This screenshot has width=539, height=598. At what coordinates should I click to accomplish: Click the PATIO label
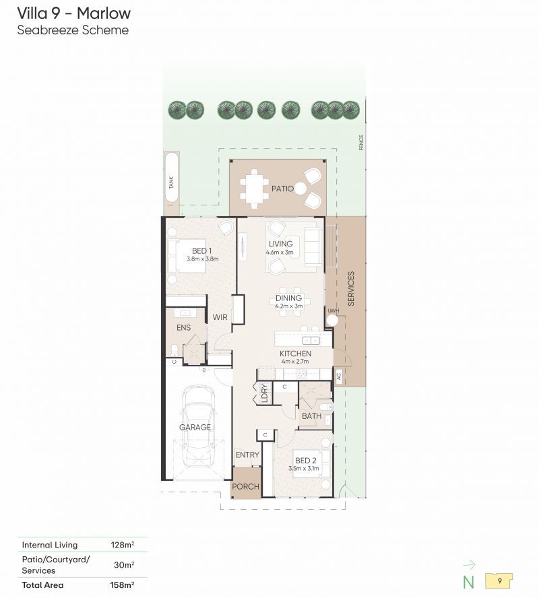pyautogui.click(x=282, y=189)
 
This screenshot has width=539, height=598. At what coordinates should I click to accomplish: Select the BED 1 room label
pyautogui.click(x=202, y=251)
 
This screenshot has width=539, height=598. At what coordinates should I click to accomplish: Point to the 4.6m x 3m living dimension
pyautogui.click(x=280, y=252)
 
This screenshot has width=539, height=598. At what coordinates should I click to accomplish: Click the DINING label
pyautogui.click(x=289, y=298)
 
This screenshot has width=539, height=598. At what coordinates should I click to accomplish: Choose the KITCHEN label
pyautogui.click(x=295, y=354)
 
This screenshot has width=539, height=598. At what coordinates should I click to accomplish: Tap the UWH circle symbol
pyautogui.click(x=333, y=321)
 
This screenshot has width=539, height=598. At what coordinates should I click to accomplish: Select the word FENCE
pyautogui.click(x=361, y=143)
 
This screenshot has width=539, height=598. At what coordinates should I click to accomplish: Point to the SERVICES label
pyautogui.click(x=351, y=288)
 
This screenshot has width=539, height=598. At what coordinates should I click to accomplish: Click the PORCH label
pyautogui.click(x=246, y=487)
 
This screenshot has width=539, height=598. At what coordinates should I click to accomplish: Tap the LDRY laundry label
pyautogui.click(x=264, y=393)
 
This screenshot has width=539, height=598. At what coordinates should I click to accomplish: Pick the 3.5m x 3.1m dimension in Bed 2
pyautogui.click(x=304, y=468)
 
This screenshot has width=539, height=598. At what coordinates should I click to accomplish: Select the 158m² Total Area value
pyautogui.click(x=122, y=585)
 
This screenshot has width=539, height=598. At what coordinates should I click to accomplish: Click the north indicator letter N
pyautogui.click(x=468, y=582)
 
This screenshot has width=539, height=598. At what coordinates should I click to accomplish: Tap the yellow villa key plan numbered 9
pyautogui.click(x=499, y=581)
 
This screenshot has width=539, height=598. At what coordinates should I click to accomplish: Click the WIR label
pyautogui.click(x=220, y=317)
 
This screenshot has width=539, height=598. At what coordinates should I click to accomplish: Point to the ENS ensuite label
pyautogui.click(x=183, y=327)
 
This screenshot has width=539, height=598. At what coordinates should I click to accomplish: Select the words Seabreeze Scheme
pyautogui.click(x=73, y=30)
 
